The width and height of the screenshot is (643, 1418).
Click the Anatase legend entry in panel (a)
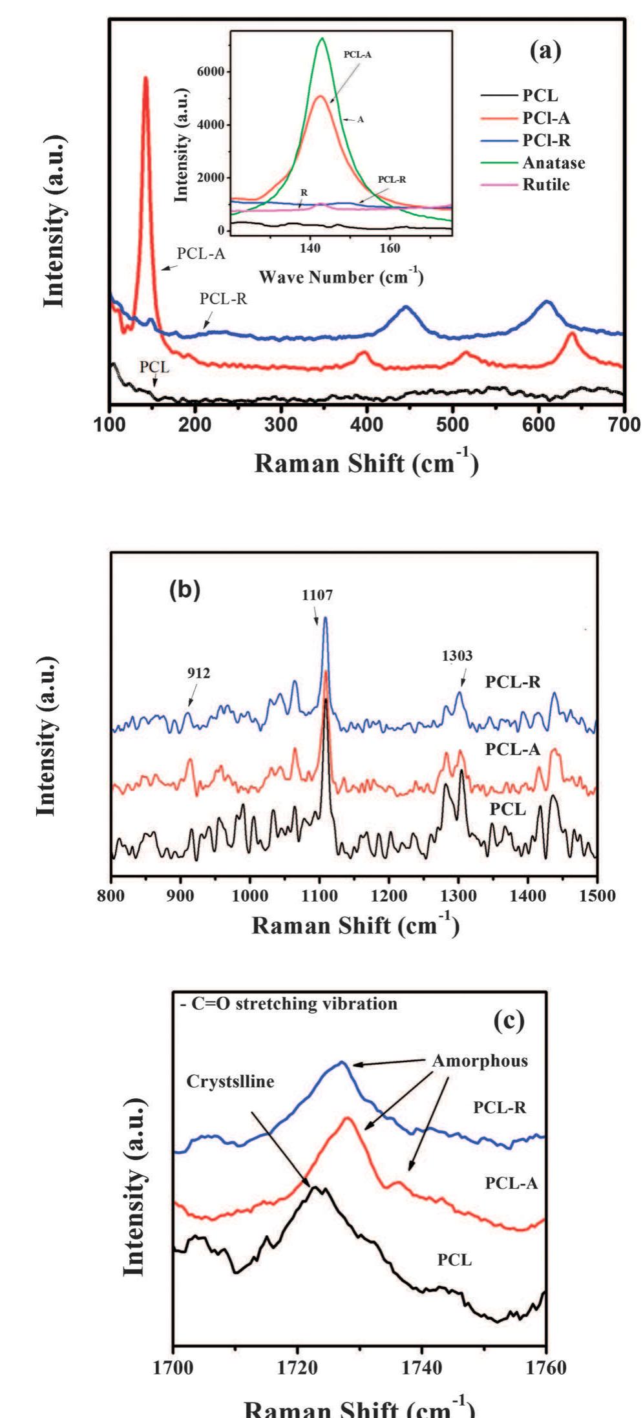coord(553,163)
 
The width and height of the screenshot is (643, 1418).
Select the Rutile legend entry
coord(546,185)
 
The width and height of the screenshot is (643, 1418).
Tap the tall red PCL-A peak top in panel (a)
coord(145,78)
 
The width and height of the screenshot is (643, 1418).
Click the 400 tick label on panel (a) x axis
coord(366,424)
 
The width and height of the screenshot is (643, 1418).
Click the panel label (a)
coord(545,50)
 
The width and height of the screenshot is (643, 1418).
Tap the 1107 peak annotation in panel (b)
coord(317,595)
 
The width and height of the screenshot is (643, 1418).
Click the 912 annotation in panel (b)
coord(198,673)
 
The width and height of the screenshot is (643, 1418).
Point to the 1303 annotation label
coord(457,656)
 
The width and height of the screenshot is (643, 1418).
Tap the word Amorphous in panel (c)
coord(480,1061)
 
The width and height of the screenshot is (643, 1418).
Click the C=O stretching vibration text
coord(288,1004)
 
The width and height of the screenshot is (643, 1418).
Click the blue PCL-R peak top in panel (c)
coord(342,1063)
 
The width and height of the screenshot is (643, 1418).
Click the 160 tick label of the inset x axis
coord(389,248)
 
